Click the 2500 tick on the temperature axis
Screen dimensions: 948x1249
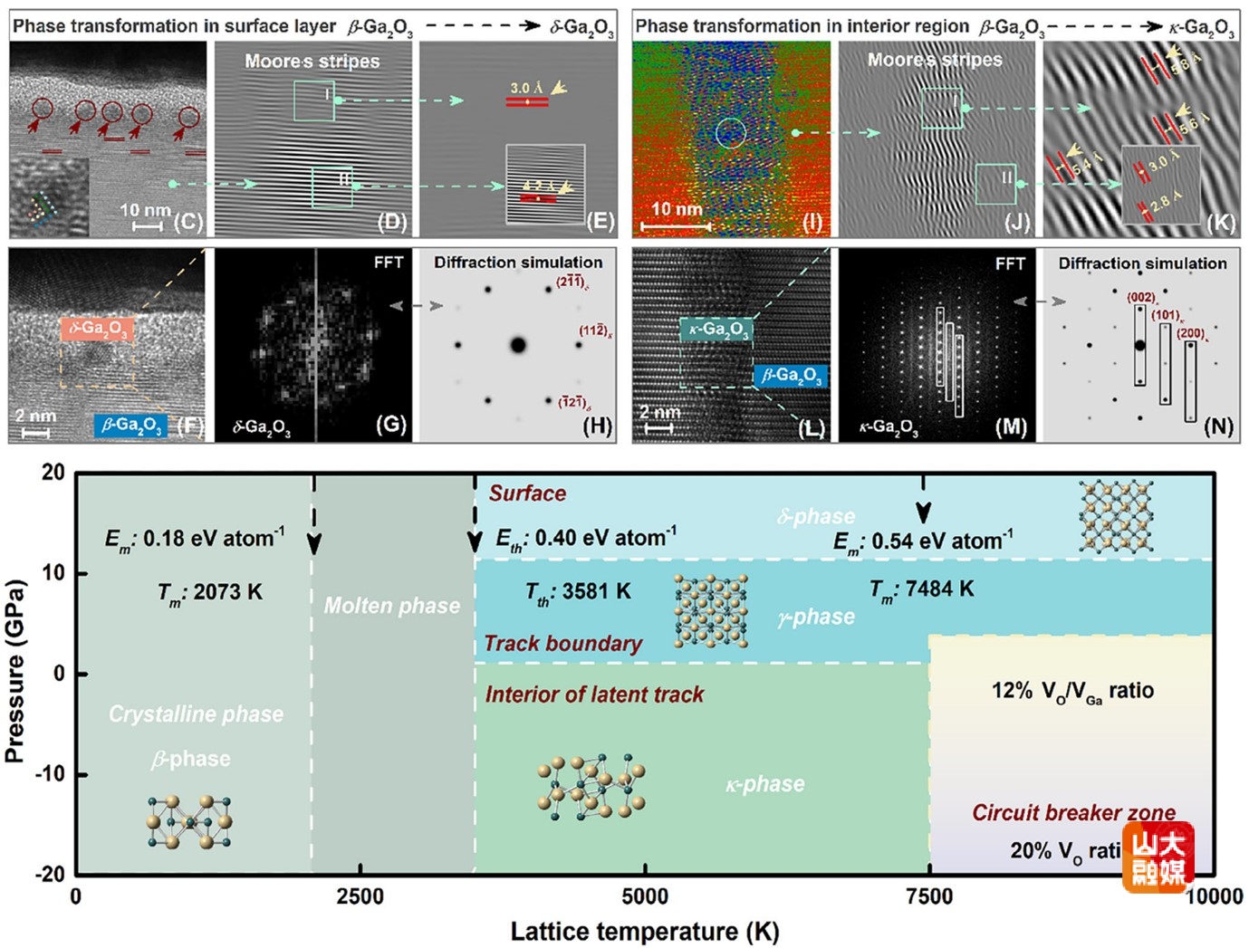tap(360, 896)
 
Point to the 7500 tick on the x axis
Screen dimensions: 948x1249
tap(929, 896)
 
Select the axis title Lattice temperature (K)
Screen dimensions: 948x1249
tap(645, 931)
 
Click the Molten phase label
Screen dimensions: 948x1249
tap(391, 606)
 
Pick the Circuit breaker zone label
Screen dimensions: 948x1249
tap(1073, 812)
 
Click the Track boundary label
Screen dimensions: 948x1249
tap(562, 644)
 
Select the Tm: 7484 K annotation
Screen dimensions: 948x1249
tap(921, 589)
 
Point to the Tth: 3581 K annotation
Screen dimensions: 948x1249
tap(578, 592)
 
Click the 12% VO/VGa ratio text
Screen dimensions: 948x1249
tap(1072, 692)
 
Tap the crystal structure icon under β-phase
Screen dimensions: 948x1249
tap(188, 822)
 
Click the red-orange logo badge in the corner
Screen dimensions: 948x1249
tap(1158, 857)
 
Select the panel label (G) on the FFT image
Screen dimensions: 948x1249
tap(390, 424)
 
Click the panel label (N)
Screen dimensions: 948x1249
tap(1218, 426)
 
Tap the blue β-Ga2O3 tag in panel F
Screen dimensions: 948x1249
tap(130, 425)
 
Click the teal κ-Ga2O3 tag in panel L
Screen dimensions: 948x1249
tap(716, 329)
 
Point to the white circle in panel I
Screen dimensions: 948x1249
tap(731, 133)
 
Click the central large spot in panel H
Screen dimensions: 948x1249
tap(518, 344)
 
